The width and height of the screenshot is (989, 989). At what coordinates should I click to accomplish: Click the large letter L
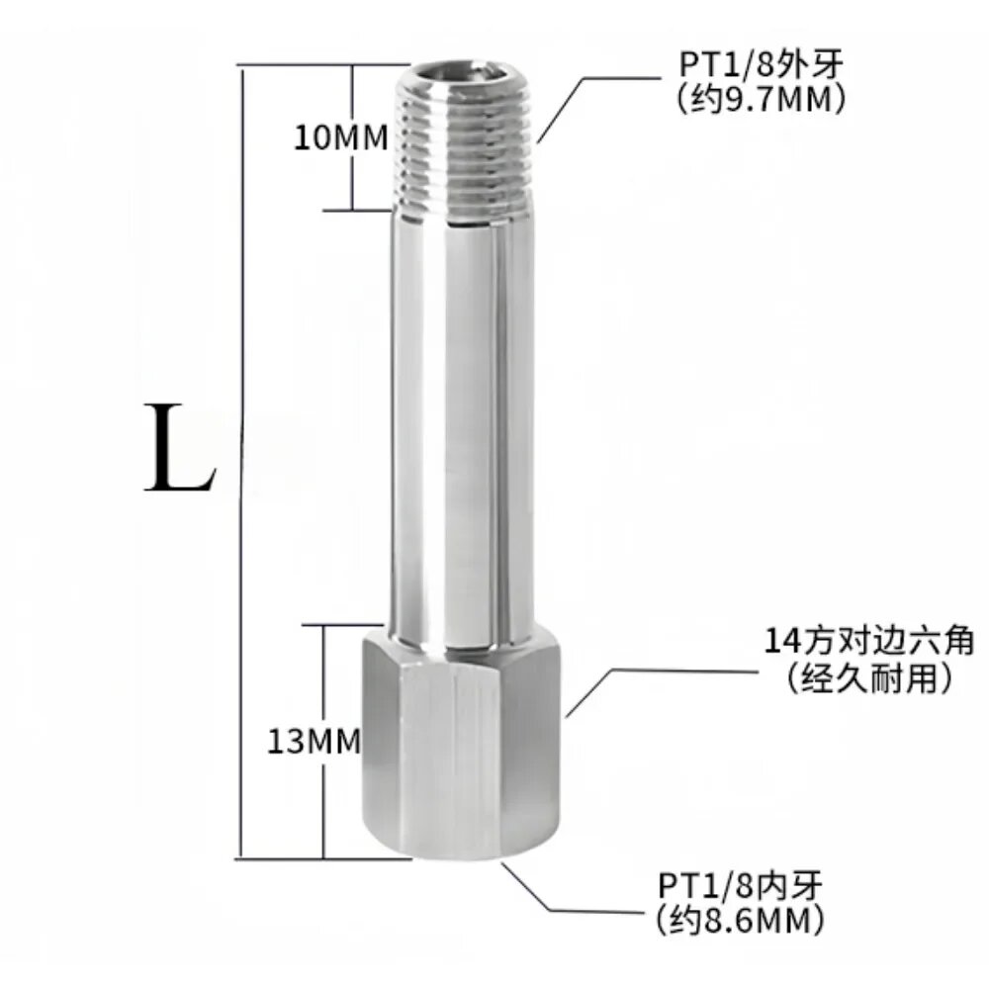coord(179,450)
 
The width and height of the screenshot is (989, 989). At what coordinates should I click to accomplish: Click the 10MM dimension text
coord(338,137)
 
